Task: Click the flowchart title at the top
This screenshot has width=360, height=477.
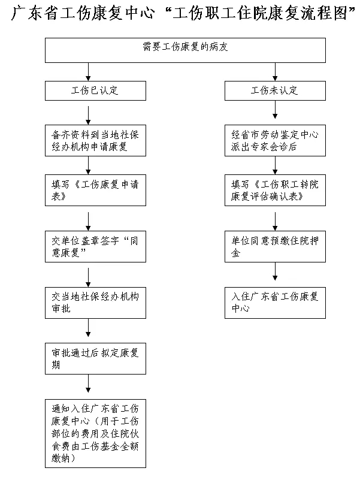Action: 183,13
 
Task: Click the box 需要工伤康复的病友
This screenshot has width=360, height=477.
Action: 185,50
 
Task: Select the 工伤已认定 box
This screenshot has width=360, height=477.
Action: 95,90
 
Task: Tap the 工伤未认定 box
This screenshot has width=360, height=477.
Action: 275,90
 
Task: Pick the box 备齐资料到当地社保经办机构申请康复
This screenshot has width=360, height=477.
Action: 95,140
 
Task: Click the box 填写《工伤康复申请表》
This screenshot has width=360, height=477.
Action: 95,190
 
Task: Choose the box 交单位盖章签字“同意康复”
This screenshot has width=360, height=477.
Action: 95,246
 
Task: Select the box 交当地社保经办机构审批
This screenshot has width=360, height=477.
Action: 95,303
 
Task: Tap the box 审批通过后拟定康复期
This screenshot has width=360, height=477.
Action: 95,359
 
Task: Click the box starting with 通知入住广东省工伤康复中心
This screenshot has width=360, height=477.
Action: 95,433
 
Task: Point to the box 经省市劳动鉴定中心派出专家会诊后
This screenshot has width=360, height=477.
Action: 275,140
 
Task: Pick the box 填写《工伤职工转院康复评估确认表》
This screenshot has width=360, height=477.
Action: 275,190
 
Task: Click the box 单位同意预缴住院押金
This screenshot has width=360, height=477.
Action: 275,246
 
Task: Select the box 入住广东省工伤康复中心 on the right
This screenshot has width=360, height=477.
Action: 275,303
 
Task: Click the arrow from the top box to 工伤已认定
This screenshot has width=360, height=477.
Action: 88,72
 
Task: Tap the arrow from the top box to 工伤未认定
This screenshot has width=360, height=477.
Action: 275,72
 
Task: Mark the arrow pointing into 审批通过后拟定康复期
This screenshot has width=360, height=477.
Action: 88,328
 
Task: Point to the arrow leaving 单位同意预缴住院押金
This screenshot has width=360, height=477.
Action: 275,271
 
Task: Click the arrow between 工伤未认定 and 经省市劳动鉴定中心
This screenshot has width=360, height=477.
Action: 275,110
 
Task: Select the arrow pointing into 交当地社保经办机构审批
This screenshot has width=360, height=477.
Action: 88,277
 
